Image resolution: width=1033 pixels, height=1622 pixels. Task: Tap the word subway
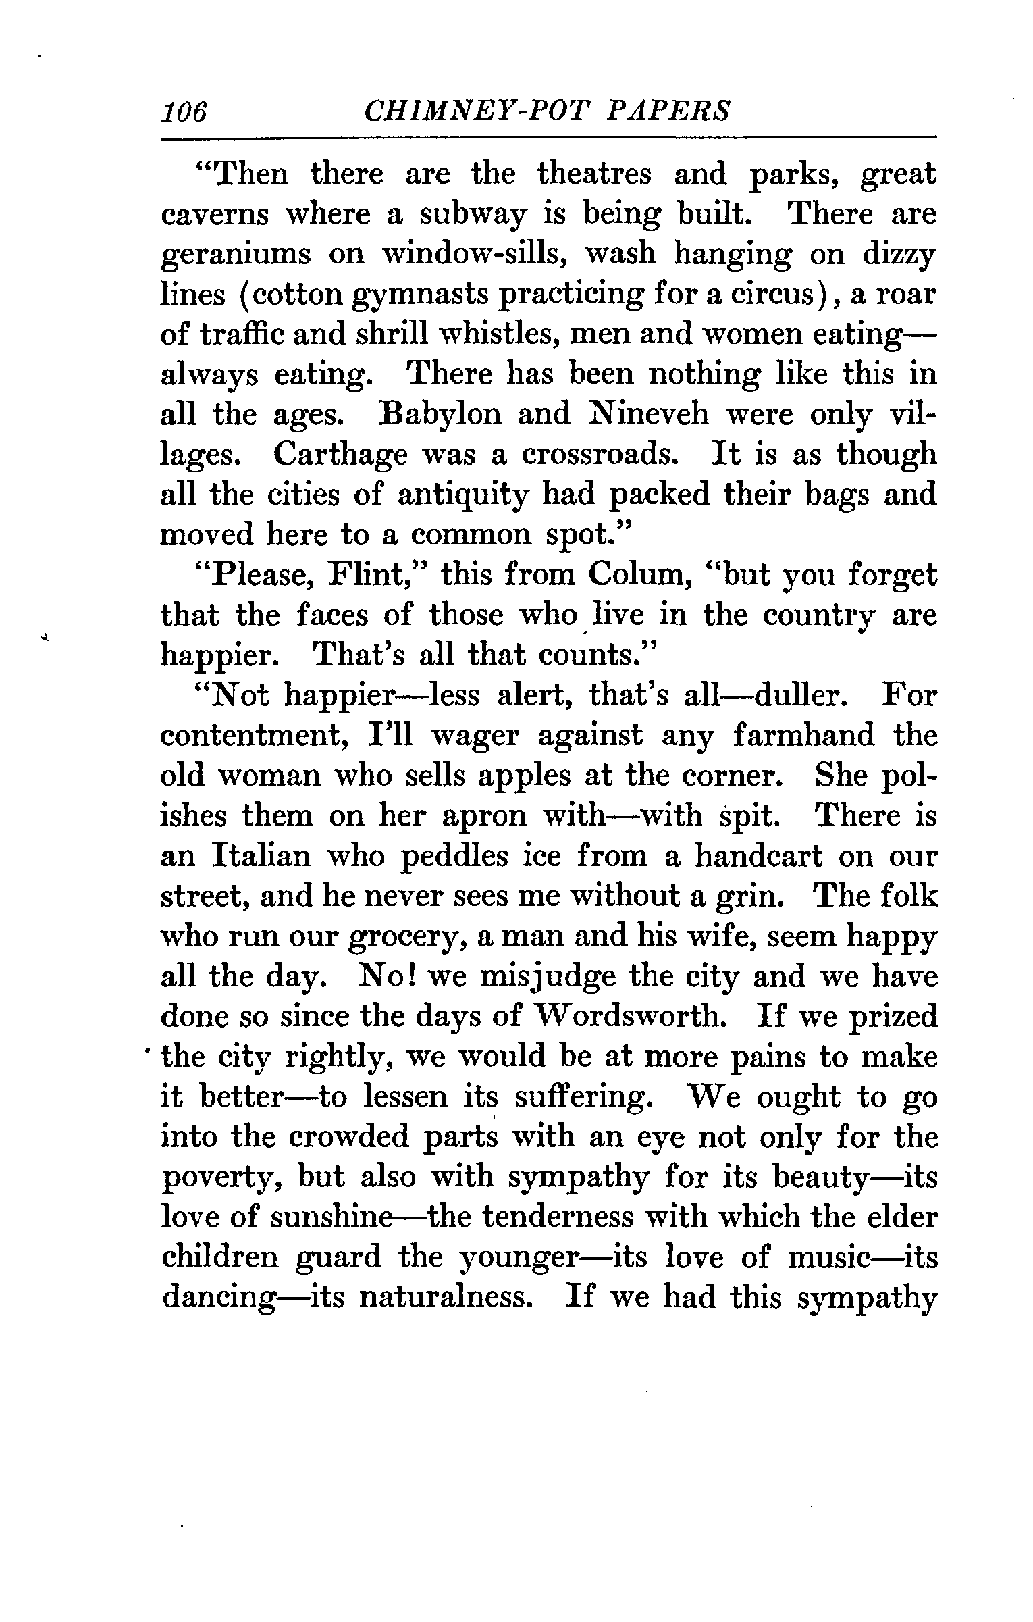[x=471, y=216]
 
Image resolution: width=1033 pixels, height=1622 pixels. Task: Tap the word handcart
[x=758, y=857]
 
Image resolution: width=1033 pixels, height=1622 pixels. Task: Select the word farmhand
[x=803, y=736]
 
